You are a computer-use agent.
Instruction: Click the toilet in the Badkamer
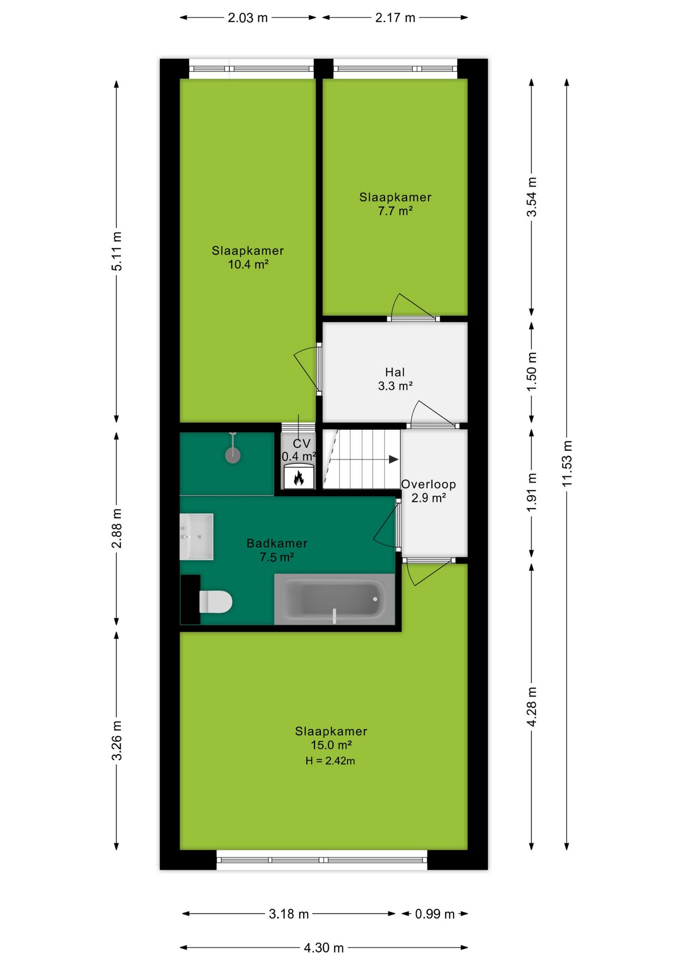pyautogui.click(x=216, y=602)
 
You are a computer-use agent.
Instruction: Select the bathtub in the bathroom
pyautogui.click(x=334, y=599)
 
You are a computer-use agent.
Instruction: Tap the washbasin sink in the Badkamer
pyautogui.click(x=197, y=537)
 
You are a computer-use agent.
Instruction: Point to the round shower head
pyautogui.click(x=232, y=455)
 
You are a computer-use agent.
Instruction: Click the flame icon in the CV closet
pyautogui.click(x=299, y=477)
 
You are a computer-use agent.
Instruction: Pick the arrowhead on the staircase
pyautogui.click(x=394, y=459)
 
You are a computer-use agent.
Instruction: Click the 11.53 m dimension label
pyautogui.click(x=567, y=463)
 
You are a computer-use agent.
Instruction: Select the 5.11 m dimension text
pyautogui.click(x=117, y=251)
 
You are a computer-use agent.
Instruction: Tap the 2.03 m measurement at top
pyautogui.click(x=247, y=18)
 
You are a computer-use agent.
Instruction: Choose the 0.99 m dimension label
pyautogui.click(x=435, y=914)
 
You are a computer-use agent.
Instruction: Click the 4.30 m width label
pyautogui.click(x=323, y=948)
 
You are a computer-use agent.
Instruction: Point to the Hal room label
pyautogui.click(x=395, y=372)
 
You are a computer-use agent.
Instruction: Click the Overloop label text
pyautogui.click(x=429, y=485)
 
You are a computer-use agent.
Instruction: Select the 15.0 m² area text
pyautogui.click(x=331, y=745)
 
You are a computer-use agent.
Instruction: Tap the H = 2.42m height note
pyautogui.click(x=330, y=761)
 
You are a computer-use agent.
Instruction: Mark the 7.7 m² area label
pyautogui.click(x=395, y=211)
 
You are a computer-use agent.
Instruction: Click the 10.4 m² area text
pyautogui.click(x=248, y=264)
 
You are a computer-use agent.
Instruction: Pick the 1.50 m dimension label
pyautogui.click(x=532, y=371)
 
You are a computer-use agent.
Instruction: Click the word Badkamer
pyautogui.click(x=277, y=543)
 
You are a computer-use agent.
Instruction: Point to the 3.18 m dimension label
pyautogui.click(x=289, y=914)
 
